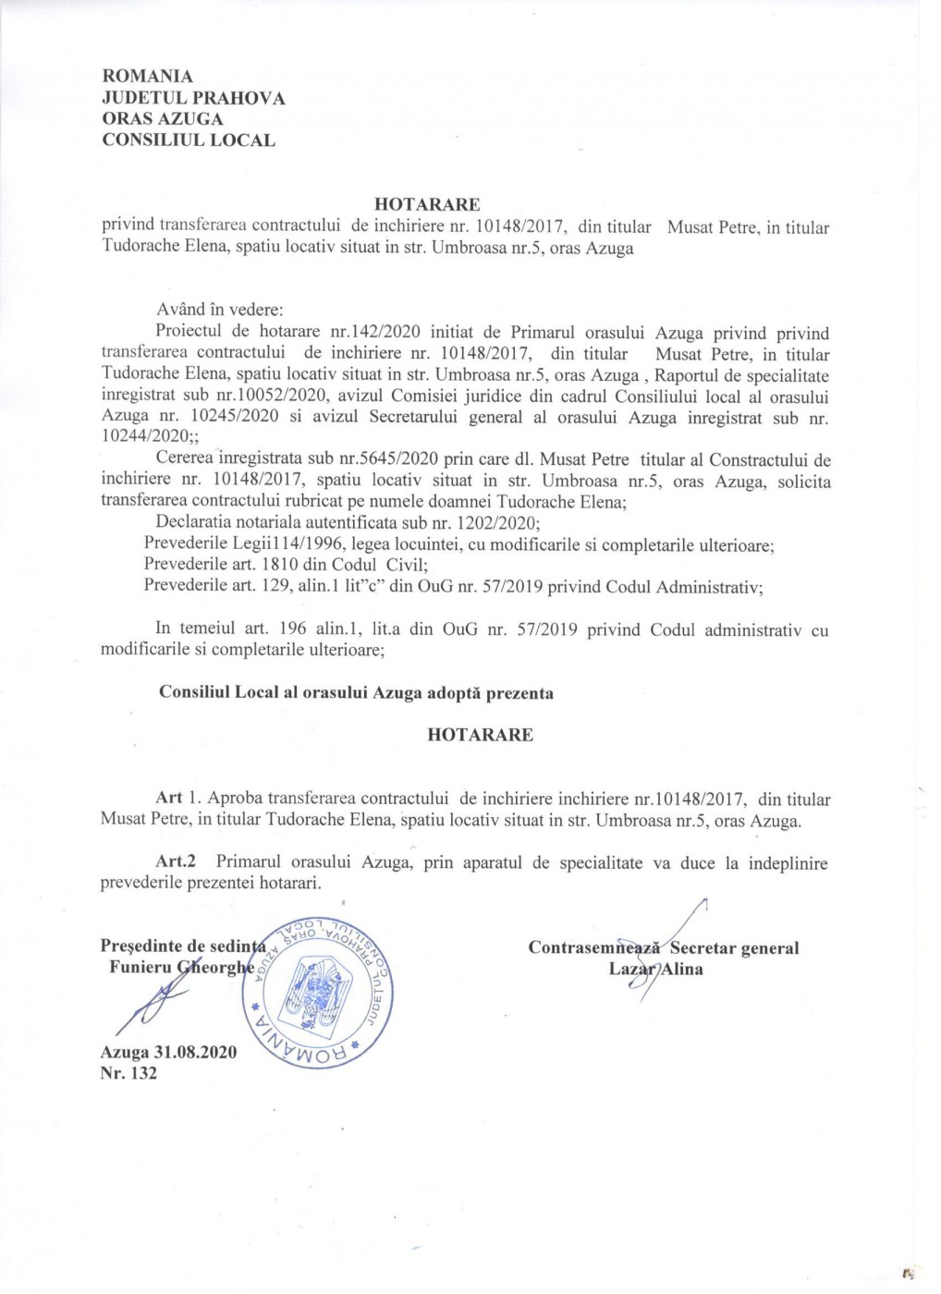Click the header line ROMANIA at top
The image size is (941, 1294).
pos(147,77)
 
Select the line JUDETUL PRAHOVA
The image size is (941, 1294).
pos(193,98)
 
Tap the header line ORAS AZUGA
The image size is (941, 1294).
pos(162,119)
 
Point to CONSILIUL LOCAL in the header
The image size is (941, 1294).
pos(189,140)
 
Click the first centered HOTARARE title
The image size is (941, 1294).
pos(427,205)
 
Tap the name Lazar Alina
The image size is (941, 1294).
pos(655,969)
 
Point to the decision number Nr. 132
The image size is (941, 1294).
pos(128,1073)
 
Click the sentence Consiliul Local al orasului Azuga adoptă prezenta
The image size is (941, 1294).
pos(356,692)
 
